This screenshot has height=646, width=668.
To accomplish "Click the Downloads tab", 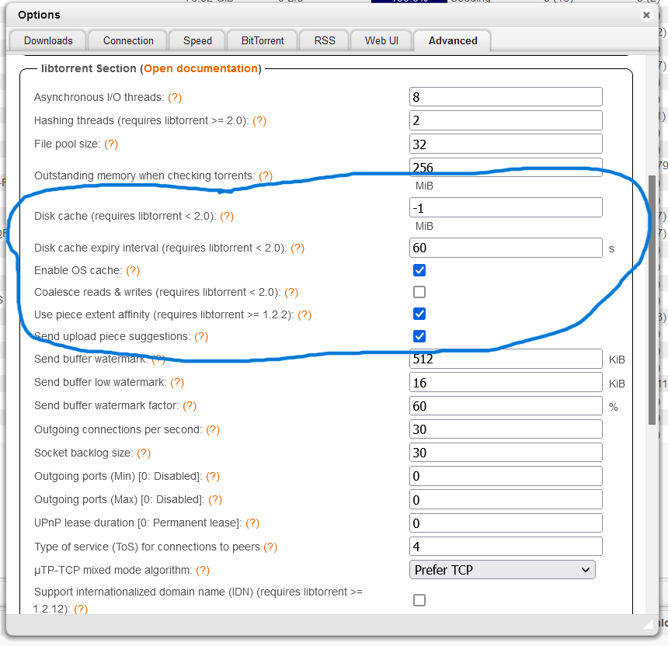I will point(48,40).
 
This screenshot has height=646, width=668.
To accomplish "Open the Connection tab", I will point(128,40).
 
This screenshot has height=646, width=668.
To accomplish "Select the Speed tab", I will point(197,40).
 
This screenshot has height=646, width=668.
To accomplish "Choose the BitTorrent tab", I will point(263,40).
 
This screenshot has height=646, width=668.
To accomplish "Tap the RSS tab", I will point(325,40).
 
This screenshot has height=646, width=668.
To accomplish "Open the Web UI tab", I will point(381,40).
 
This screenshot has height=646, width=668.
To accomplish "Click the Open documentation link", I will point(200,68).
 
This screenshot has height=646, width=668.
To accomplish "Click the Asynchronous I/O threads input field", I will point(506,97).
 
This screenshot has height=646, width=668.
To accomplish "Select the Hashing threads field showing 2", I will point(506,120).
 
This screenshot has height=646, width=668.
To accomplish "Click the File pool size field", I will point(506,144).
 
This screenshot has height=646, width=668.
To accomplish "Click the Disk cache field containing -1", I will point(506,207).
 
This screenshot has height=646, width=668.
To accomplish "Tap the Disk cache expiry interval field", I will point(506,248).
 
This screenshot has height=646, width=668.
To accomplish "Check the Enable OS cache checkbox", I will point(419,270).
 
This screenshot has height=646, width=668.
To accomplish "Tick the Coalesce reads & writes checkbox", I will point(419,292).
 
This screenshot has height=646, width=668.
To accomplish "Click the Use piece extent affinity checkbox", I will point(419,314).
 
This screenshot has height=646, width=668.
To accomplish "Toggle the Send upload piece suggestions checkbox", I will point(419,336).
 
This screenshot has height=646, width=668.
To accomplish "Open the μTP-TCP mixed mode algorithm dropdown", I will point(502,570).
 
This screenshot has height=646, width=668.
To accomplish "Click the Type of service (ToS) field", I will point(506,547).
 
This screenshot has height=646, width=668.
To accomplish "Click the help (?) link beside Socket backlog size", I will point(144,453).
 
